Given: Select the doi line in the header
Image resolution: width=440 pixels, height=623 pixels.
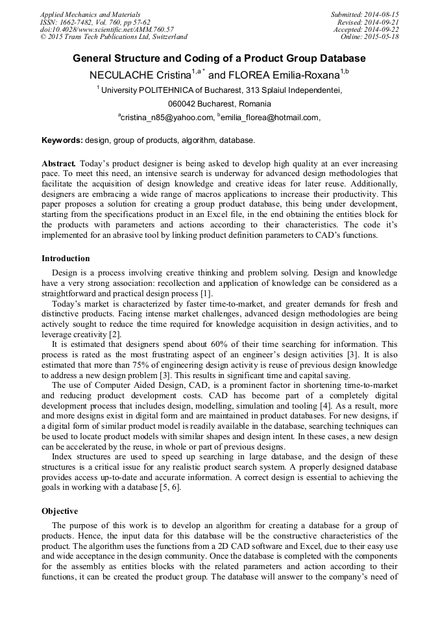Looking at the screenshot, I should coord(107,29).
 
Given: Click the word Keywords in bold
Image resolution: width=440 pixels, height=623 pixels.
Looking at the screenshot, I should coord(62,140).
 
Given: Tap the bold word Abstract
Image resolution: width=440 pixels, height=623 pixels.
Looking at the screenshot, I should coord(59,164).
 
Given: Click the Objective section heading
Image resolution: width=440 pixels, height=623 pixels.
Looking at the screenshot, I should coord(60,511).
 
